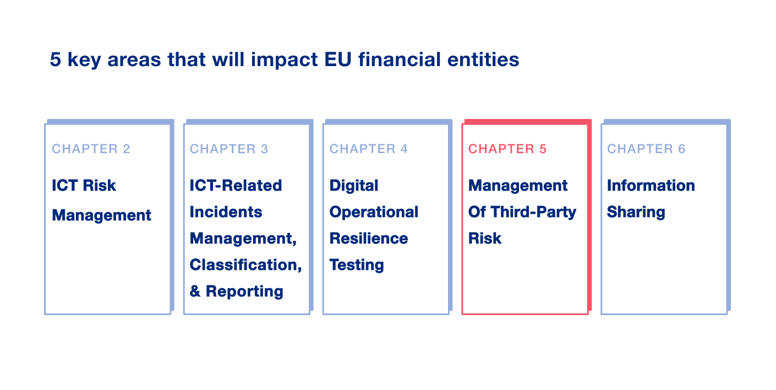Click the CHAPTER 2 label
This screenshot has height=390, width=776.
(x=91, y=149)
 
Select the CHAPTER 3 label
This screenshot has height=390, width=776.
(x=229, y=149)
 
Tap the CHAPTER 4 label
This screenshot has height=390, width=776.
(x=369, y=149)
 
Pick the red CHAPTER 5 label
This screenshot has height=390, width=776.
(x=507, y=149)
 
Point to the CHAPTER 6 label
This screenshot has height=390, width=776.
(x=646, y=149)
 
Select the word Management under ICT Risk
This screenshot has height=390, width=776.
(x=101, y=215)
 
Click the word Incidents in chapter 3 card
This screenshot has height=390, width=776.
(x=226, y=212)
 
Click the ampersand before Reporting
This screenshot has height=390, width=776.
(x=195, y=292)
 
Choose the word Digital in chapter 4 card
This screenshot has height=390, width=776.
(x=354, y=186)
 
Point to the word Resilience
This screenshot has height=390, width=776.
(x=369, y=239)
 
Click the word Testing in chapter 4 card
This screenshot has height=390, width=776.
(x=357, y=265)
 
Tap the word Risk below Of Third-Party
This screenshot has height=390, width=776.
(x=485, y=239)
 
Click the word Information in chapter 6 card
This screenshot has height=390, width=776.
(x=651, y=186)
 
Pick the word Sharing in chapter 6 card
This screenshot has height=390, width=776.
(x=636, y=212)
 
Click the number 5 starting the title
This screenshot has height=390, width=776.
(x=55, y=59)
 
